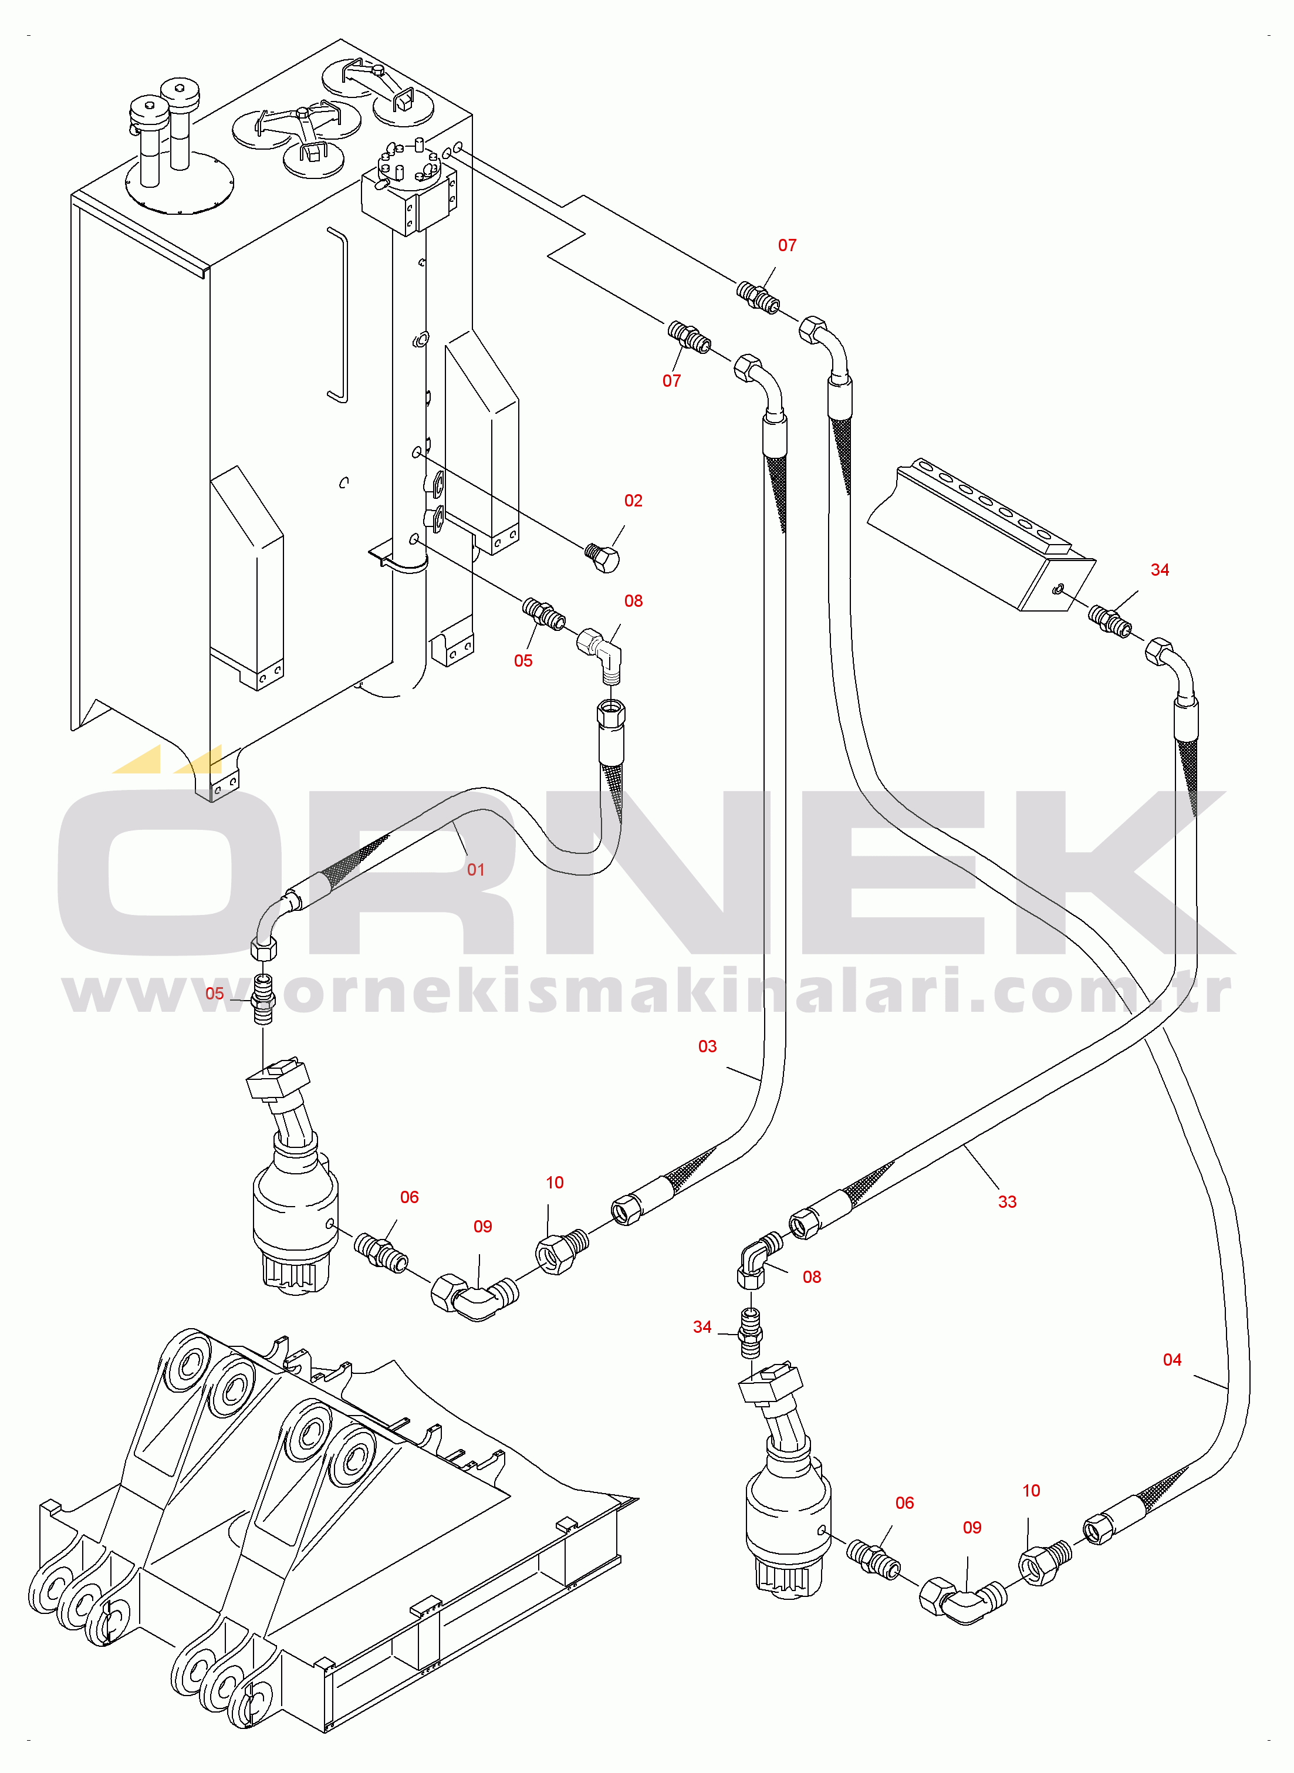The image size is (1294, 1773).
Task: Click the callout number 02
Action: pyautogui.click(x=633, y=501)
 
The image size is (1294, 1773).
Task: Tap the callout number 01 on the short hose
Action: pyautogui.click(x=475, y=869)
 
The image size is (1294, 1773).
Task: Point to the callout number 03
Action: pyautogui.click(x=707, y=1046)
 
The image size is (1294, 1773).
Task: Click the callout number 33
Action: pyautogui.click(x=1007, y=1201)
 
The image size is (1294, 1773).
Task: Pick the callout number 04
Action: pyautogui.click(x=1172, y=1359)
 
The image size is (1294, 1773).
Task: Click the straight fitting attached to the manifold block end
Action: pyautogui.click(x=1110, y=620)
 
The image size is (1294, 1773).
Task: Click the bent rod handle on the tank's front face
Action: pyautogui.click(x=337, y=313)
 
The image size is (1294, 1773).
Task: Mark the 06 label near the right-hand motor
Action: pyautogui.click(x=905, y=1503)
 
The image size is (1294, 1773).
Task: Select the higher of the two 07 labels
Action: pyautogui.click(x=787, y=246)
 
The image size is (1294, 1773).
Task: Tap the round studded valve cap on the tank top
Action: pyautogui.click(x=409, y=164)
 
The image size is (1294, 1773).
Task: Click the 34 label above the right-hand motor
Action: pyautogui.click(x=702, y=1326)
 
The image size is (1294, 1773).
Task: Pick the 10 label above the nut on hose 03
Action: pyautogui.click(x=555, y=1183)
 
